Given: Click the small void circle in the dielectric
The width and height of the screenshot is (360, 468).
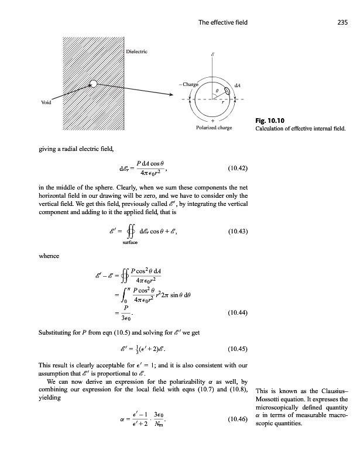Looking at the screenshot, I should point(92,84).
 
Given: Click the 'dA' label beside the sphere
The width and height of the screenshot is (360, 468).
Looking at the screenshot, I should point(238,85).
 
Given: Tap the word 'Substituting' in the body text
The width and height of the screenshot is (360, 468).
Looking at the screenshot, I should point(57,332).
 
